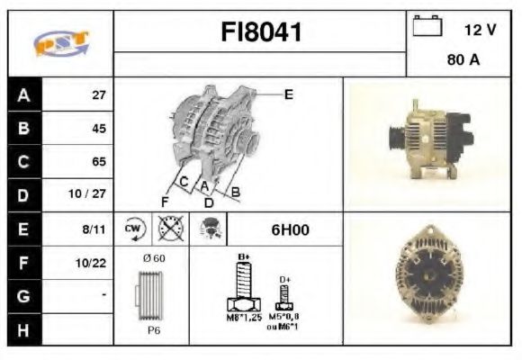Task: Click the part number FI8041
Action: point(261,33)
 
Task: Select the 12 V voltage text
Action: point(480,30)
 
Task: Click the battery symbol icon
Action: point(425,27)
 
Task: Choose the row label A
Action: point(24,94)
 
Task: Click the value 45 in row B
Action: point(98,128)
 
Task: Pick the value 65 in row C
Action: point(98,162)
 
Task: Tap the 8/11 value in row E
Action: point(94,229)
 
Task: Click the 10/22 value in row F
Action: point(93,262)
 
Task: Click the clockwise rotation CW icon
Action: point(133,229)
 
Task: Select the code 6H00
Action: point(290,229)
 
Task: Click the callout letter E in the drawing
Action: point(288,93)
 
